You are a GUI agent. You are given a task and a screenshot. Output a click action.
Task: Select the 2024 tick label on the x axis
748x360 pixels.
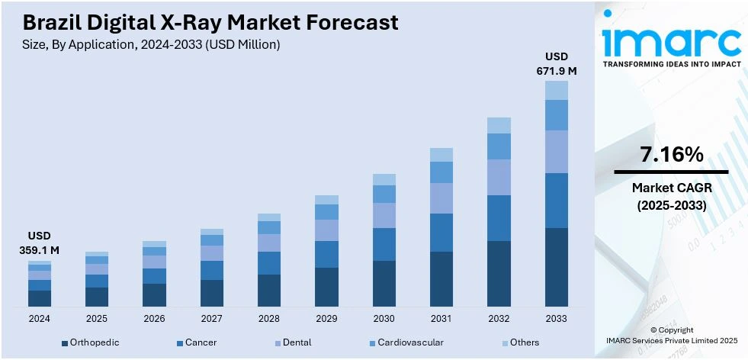click(39, 319)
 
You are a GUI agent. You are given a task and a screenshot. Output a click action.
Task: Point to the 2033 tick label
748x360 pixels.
click(556, 319)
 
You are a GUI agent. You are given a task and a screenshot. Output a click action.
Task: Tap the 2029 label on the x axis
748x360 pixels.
click(326, 319)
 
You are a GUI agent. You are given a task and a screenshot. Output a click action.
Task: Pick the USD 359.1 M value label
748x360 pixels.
click(39, 243)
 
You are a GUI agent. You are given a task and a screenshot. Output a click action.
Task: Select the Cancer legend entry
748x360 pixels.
click(201, 342)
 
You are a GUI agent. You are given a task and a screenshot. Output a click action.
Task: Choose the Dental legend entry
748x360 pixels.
click(297, 342)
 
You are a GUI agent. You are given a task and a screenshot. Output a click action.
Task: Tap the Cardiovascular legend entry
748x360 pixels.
click(410, 342)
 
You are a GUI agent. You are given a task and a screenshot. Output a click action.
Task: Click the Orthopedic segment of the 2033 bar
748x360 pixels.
click(556, 267)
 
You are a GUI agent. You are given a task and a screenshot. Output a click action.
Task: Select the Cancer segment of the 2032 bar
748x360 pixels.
click(499, 218)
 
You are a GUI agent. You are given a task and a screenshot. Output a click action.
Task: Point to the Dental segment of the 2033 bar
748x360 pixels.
click(556, 152)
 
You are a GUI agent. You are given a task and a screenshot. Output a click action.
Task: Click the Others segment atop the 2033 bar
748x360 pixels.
click(556, 91)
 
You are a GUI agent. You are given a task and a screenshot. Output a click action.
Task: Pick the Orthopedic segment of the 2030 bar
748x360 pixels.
click(384, 284)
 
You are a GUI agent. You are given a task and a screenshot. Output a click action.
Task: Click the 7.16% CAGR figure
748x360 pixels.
click(671, 155)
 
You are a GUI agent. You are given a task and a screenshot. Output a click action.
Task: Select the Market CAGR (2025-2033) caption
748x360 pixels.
click(671, 196)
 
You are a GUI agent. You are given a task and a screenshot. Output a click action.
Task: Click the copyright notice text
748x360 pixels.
click(671, 334)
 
